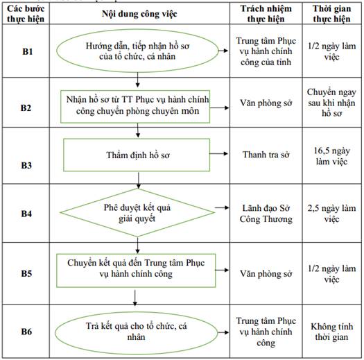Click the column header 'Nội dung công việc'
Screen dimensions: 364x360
point(139,14)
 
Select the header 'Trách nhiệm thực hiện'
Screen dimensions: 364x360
point(266,14)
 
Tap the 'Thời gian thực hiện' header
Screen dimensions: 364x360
point(331,14)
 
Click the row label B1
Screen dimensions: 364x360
point(28,51)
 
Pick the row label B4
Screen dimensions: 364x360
point(26,214)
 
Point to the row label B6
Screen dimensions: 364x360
point(26,332)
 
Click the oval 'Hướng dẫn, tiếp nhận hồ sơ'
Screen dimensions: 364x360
point(137,51)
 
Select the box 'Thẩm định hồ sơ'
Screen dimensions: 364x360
point(137,155)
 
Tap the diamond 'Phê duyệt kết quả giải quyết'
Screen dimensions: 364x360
point(137,212)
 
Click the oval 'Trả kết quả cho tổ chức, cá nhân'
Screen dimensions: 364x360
point(137,332)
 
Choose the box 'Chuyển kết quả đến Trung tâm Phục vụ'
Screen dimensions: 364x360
point(136,271)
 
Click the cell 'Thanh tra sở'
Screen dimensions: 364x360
point(266,155)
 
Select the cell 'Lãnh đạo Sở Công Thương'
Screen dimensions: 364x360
point(266,214)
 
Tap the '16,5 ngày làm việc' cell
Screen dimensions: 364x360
point(331,156)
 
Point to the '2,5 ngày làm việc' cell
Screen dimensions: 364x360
point(331,214)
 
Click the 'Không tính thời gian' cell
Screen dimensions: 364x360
point(331,332)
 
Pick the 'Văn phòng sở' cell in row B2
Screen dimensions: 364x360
point(266,103)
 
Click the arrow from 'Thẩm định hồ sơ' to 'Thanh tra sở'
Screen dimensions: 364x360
point(218,153)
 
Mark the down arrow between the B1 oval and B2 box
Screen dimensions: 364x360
point(137,80)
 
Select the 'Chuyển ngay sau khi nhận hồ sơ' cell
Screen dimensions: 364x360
point(331,103)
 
